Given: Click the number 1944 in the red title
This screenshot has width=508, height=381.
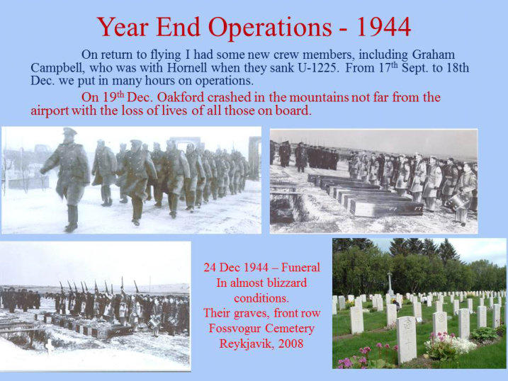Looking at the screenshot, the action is [x=384, y=27].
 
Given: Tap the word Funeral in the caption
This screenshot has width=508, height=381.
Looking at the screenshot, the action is [x=300, y=268].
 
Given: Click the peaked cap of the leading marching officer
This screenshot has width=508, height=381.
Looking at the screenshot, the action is [x=69, y=131].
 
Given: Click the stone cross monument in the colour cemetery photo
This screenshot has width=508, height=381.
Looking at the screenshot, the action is [x=390, y=283].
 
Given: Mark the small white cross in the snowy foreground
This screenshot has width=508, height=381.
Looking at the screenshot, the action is [x=50, y=346].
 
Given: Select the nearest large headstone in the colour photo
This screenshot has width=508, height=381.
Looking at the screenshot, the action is [x=406, y=339].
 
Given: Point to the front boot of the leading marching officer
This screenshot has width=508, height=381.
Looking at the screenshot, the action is [x=71, y=227].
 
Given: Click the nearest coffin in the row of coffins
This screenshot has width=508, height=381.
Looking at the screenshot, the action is [x=385, y=207].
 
